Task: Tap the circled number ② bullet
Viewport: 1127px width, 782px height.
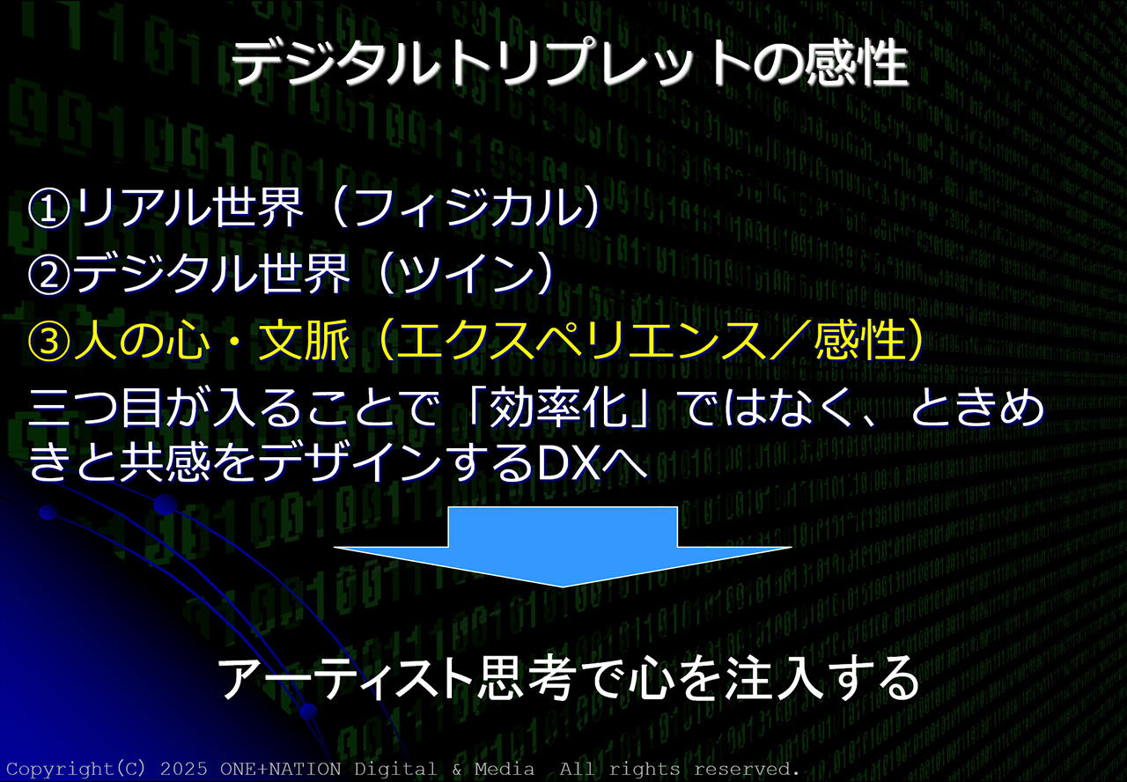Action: pos(48,274)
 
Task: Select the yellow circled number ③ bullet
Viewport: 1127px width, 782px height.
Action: pos(48,341)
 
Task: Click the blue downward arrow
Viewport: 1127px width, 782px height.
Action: pos(563,547)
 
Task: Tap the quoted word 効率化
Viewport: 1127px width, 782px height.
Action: pos(558,408)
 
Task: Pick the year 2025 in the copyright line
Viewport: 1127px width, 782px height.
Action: pos(184,769)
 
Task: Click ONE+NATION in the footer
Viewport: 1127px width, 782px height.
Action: pos(280,769)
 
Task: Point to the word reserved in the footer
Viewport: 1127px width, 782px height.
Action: pos(746,769)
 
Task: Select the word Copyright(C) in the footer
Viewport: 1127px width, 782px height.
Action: pos(76,769)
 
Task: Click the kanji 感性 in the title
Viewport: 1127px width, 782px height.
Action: pos(857,64)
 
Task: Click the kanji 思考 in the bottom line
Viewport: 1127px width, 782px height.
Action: pos(527,678)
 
